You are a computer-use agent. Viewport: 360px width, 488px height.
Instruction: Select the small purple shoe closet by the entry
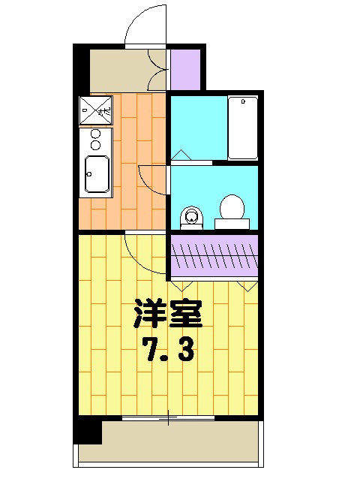pyautogui.click(x=184, y=69)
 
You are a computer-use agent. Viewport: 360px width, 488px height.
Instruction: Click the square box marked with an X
pyautogui.click(x=95, y=111)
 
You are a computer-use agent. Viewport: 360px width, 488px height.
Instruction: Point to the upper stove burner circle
pyautogui.click(x=95, y=134)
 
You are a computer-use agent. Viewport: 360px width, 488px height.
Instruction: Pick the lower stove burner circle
pyautogui.click(x=95, y=145)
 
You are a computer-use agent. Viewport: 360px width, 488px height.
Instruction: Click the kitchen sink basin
pyautogui.click(x=97, y=175)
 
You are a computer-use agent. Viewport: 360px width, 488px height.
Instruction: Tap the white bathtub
pyautogui.click(x=242, y=127)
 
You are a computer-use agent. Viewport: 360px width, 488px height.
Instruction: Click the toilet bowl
pyautogui.click(x=232, y=208)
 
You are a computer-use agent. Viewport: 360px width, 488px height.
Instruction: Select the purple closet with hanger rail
pyautogui.click(x=214, y=255)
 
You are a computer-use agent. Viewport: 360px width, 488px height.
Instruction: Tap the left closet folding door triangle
pyautogui.click(x=181, y=285)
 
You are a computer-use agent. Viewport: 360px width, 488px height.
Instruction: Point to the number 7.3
pyautogui.click(x=168, y=349)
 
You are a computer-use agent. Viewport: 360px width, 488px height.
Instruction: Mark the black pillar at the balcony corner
pyautogui.click(x=88, y=431)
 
